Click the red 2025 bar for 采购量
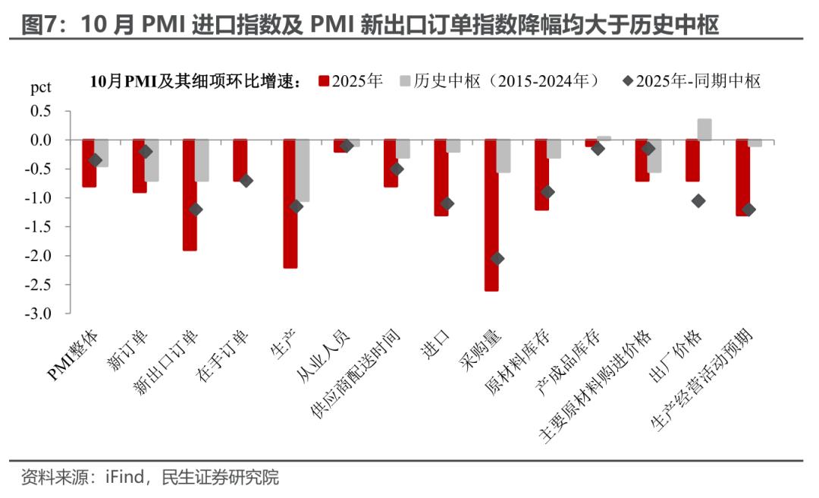click(491, 216)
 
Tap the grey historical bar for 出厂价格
click(704, 130)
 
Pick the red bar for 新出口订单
click(190, 195)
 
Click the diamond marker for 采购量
click(497, 259)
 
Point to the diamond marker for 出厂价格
click(698, 200)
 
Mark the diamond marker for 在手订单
click(246, 181)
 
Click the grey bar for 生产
click(303, 171)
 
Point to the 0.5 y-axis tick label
click(41, 111)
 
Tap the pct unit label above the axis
click(40, 87)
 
